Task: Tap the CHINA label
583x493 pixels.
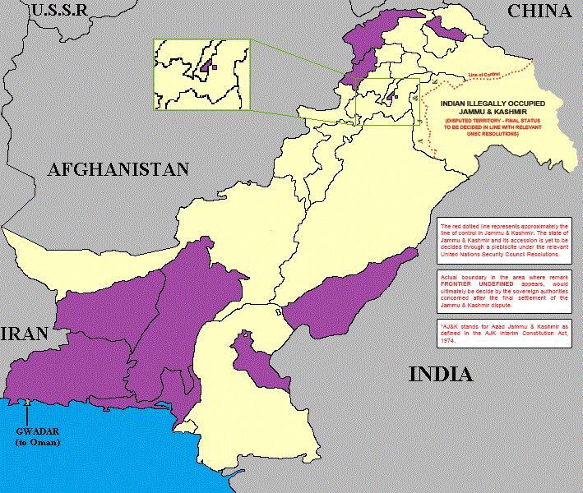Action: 539,11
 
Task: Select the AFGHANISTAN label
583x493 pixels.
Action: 118,169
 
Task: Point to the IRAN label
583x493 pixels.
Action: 25,334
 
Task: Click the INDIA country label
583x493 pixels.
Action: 441,375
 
